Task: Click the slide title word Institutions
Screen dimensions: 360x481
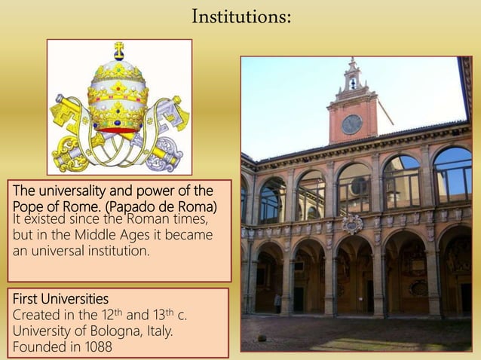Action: [x=240, y=16]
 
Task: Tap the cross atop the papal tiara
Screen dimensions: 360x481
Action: [x=118, y=50]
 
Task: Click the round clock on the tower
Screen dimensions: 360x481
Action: [x=351, y=124]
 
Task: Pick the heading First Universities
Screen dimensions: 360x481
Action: [x=60, y=298]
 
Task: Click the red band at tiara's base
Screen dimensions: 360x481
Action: [x=118, y=130]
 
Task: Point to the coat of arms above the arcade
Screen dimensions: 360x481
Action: [x=352, y=224]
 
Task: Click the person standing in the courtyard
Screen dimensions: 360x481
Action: [x=277, y=303]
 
